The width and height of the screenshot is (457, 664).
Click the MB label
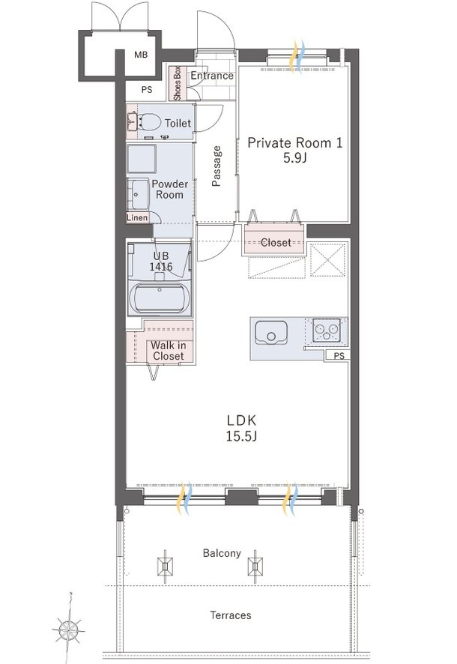[x=141, y=55]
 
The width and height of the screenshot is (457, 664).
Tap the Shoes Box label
[x=178, y=83]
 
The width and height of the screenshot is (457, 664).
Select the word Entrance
[x=211, y=76]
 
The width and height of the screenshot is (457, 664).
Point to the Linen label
[x=137, y=217]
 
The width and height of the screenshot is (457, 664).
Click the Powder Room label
[x=169, y=189]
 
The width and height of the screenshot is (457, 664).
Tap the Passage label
[x=217, y=165]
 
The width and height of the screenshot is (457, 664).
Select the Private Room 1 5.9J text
[x=294, y=151]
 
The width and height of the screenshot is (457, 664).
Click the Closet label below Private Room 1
[x=276, y=243]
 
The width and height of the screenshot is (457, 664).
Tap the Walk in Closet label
[x=167, y=351]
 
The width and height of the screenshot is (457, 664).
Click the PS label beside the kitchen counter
[x=339, y=356]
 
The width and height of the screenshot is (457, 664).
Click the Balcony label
[x=222, y=554]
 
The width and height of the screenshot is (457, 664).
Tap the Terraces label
[x=230, y=615]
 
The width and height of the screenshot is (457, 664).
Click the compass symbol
[x=69, y=627]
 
